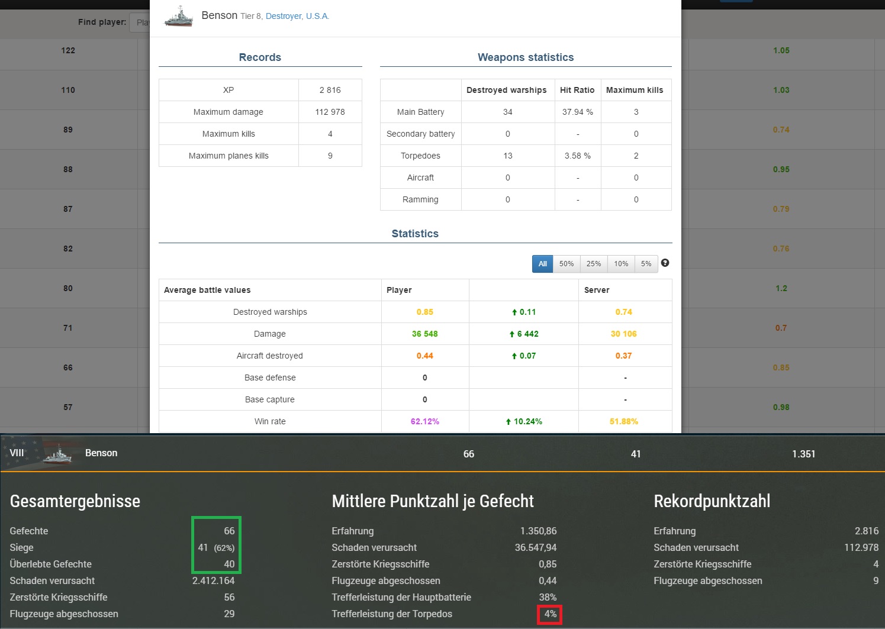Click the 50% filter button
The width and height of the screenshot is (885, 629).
pyautogui.click(x=566, y=264)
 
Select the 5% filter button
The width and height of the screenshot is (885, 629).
pyautogui.click(x=646, y=264)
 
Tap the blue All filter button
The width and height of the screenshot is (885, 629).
pyautogui.click(x=542, y=264)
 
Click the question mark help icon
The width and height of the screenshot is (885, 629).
pyautogui.click(x=665, y=263)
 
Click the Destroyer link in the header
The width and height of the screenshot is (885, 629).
pyautogui.click(x=284, y=16)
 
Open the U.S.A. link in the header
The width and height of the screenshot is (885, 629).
pyautogui.click(x=317, y=16)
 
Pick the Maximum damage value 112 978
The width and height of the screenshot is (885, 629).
pyautogui.click(x=330, y=112)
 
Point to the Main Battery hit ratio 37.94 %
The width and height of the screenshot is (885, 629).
pyautogui.click(x=578, y=112)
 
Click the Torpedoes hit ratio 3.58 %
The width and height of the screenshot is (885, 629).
pyautogui.click(x=578, y=156)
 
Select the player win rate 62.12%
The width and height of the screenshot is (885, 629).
pyautogui.click(x=424, y=421)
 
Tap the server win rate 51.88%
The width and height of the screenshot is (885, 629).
pyautogui.click(x=624, y=421)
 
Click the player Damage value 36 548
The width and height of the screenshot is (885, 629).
pyautogui.click(x=424, y=334)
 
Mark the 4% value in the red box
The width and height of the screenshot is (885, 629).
pyautogui.click(x=551, y=614)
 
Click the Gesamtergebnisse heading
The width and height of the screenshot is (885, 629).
pyautogui.click(x=75, y=501)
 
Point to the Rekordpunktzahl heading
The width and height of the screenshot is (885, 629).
pyautogui.click(x=712, y=501)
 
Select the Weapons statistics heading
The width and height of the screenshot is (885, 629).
pyautogui.click(x=526, y=57)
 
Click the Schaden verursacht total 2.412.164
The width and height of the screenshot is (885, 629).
pyautogui.click(x=213, y=581)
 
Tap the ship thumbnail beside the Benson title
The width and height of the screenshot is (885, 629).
pyautogui.click(x=179, y=17)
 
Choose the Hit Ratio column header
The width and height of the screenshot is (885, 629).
pyautogui.click(x=577, y=90)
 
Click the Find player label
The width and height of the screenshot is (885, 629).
pyautogui.click(x=102, y=22)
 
